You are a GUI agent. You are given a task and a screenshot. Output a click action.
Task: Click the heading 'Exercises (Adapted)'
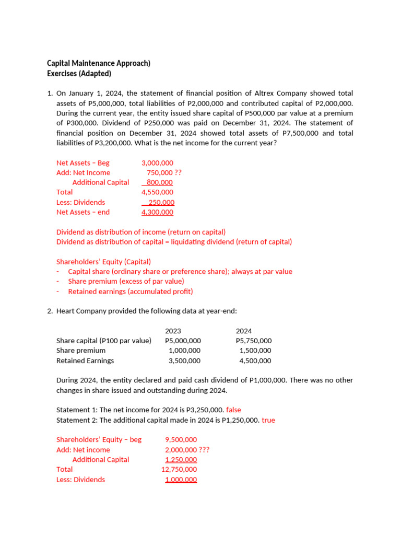tap(79, 73)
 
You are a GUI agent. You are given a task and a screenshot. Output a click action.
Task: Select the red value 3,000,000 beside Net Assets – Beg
tap(157, 163)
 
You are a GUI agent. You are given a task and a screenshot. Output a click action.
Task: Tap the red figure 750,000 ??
tap(164, 173)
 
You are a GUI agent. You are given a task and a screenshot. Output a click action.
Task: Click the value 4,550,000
tap(157, 192)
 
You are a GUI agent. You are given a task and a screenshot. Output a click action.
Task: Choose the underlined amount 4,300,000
tap(157, 212)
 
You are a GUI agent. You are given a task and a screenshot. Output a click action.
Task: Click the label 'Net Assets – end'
tap(83, 212)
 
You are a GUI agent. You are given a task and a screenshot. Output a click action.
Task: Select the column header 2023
tap(173, 331)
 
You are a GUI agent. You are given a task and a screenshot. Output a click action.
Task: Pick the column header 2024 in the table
tap(244, 331)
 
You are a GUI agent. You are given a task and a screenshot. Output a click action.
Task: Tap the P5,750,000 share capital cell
tap(254, 341)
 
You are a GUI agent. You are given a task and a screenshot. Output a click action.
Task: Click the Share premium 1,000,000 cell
tap(184, 351)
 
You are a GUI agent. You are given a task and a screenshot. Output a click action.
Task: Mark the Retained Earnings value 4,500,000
tap(255, 360)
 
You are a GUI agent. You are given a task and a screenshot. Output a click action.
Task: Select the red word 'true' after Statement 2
tap(268, 420)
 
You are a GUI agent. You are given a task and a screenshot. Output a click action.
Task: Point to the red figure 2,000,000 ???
tap(187, 450)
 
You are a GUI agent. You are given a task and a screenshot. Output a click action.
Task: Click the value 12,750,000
tap(179, 470)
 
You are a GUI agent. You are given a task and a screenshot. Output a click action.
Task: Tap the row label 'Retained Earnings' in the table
tap(85, 360)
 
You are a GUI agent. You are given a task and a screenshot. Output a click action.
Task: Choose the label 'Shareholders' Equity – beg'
tap(99, 440)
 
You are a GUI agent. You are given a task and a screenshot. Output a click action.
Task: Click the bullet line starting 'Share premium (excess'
tap(126, 282)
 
